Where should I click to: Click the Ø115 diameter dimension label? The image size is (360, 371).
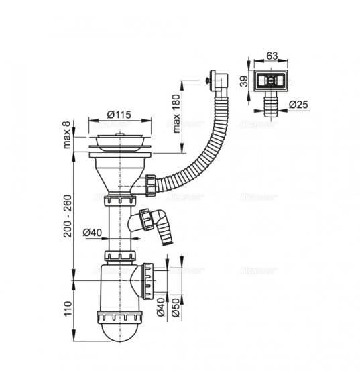119,115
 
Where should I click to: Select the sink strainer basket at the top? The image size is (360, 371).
119,141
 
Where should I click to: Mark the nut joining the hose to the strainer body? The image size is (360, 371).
150,182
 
